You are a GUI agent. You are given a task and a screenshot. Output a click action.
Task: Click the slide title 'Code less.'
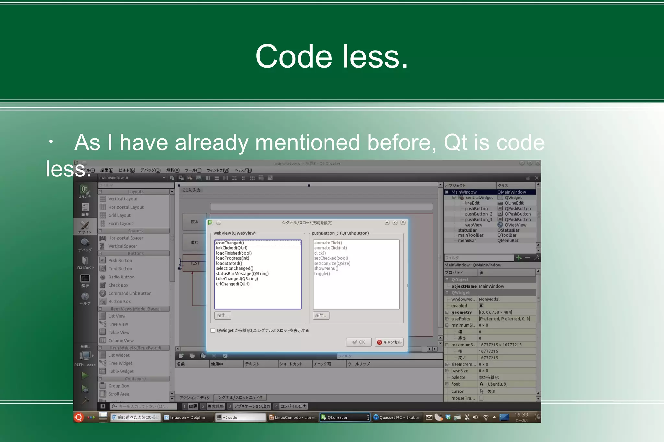click(331, 57)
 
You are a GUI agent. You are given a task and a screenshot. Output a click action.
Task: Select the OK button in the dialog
click(359, 342)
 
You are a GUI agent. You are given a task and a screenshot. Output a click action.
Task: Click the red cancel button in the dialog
click(389, 342)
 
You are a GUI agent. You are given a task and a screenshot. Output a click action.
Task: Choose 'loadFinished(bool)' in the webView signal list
click(234, 253)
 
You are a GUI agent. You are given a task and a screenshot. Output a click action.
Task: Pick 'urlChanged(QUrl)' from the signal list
click(233, 284)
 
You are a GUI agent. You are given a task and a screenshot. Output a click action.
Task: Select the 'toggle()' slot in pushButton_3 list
click(322, 274)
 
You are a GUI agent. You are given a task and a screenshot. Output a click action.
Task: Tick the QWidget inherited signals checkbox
click(213, 330)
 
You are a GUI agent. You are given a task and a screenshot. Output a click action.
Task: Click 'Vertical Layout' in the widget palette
click(123, 199)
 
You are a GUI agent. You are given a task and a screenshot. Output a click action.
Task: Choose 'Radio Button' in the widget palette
click(121, 277)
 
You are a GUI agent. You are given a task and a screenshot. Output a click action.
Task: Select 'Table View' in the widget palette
click(119, 332)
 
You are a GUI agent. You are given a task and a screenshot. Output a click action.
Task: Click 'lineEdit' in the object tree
click(472, 203)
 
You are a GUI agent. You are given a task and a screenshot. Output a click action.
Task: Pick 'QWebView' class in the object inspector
click(515, 225)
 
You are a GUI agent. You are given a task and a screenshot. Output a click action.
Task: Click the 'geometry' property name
click(461, 312)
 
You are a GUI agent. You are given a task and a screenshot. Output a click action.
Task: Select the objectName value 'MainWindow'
click(491, 286)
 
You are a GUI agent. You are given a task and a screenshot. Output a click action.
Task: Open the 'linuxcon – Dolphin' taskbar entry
click(187, 417)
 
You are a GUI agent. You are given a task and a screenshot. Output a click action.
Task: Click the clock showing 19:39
click(521, 415)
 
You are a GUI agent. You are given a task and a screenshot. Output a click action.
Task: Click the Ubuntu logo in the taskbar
click(79, 417)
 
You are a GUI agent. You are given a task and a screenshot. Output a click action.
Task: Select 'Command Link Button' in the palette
click(130, 293)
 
